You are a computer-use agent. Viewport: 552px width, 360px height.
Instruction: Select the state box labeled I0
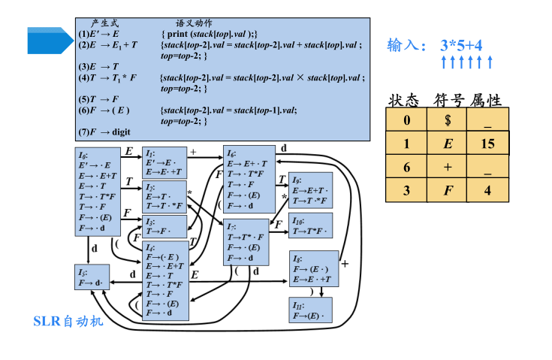97,192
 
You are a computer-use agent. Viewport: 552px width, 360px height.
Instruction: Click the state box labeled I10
309,226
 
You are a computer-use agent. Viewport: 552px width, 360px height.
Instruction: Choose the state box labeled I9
309,192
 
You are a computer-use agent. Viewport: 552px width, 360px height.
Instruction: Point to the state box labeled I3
164,227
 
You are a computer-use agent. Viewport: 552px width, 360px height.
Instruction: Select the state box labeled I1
164,162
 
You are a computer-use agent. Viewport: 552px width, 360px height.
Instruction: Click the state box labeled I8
314,269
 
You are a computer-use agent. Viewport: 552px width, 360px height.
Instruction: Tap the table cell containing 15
487,143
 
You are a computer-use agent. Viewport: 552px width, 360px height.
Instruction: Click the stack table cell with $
447,120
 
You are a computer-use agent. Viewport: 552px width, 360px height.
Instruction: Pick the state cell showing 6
406,166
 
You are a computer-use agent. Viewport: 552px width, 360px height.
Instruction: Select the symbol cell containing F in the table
447,190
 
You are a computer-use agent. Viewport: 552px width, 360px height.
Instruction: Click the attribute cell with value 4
487,190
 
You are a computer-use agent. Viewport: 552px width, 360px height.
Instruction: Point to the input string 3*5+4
461,45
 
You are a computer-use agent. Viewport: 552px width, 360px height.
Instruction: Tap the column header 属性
486,100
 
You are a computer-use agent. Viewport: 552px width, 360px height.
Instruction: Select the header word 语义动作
193,24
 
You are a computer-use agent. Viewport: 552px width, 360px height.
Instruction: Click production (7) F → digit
105,132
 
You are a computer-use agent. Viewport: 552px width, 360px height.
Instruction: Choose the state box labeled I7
247,242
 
